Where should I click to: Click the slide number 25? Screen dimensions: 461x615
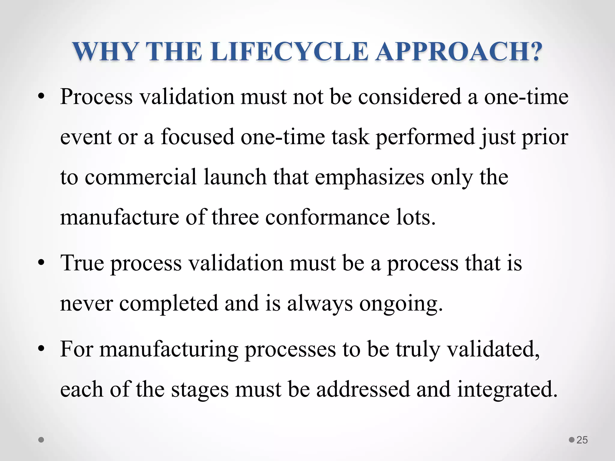[x=582, y=440]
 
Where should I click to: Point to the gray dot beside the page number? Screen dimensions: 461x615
[x=572, y=440]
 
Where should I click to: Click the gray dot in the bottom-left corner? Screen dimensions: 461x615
[x=41, y=440]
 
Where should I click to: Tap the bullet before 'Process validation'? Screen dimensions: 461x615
[x=41, y=97]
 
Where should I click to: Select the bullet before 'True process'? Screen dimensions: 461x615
[x=41, y=263]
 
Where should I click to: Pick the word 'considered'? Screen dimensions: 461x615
[x=410, y=97]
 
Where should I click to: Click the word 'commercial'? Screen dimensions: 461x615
[x=141, y=177]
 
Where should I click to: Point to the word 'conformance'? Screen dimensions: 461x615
[x=328, y=217]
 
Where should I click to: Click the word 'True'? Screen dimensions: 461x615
[x=82, y=263]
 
